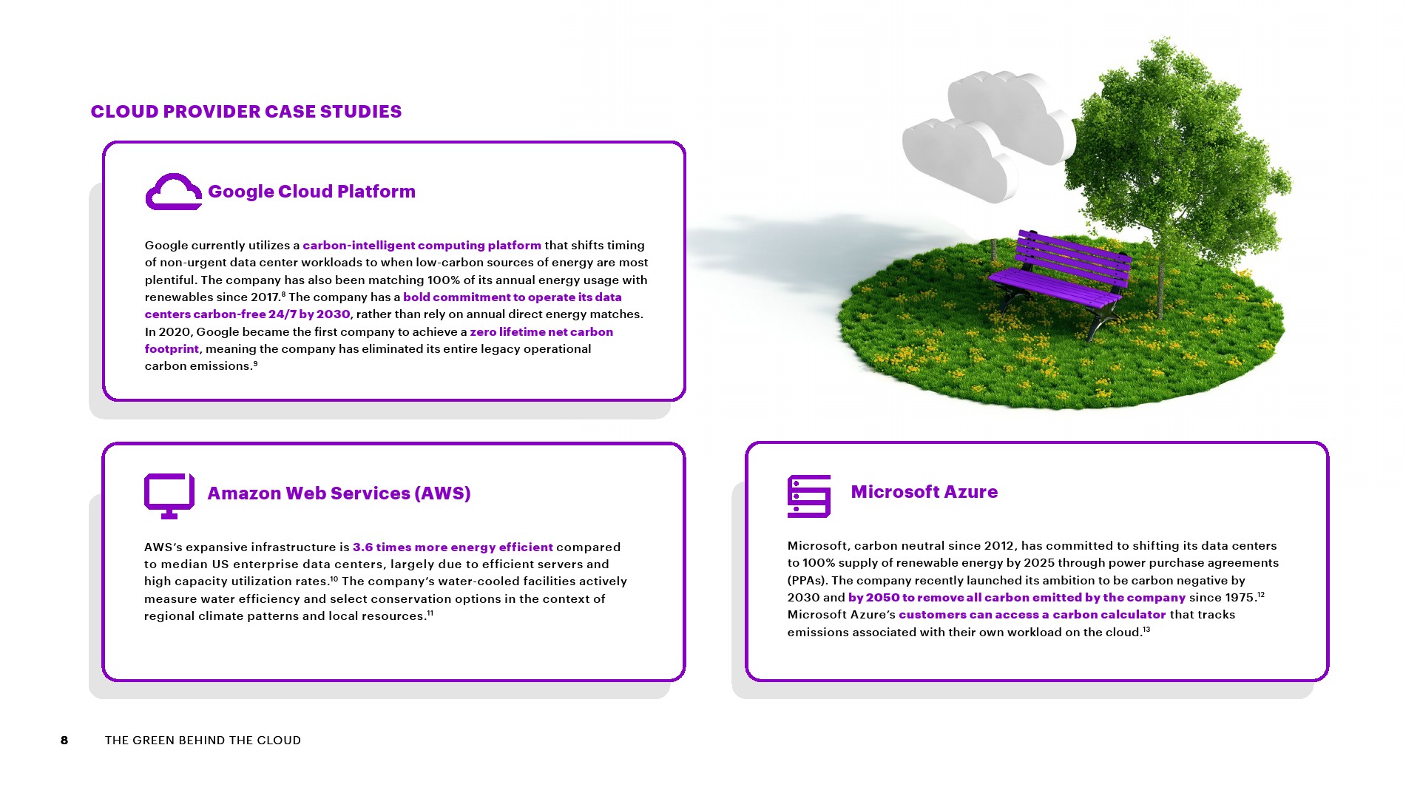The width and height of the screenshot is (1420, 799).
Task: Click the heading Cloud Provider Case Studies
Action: tap(246, 112)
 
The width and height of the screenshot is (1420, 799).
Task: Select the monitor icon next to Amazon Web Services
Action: tap(169, 496)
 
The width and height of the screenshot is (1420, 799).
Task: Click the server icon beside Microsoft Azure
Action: tap(809, 496)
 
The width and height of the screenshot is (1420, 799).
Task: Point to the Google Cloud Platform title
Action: tap(311, 192)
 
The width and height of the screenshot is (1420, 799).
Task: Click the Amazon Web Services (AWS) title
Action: tap(339, 493)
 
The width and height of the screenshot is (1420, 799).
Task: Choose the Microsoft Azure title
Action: tap(924, 492)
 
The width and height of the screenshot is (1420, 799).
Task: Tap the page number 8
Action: tap(64, 741)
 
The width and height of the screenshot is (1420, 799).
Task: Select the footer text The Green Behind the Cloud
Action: tap(203, 741)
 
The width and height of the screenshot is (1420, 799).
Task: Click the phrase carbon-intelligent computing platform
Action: tap(422, 246)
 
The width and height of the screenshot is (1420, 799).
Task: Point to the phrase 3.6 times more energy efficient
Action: tap(453, 547)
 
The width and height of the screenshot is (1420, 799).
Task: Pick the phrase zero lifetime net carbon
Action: tap(541, 332)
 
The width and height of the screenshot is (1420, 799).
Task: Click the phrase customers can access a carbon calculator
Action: tap(1032, 615)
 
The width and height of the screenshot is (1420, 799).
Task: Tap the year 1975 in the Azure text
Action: tap(1240, 598)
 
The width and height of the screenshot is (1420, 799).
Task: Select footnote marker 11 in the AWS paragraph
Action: tap(430, 613)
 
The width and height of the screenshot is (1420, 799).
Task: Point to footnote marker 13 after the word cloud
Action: tap(1146, 630)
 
